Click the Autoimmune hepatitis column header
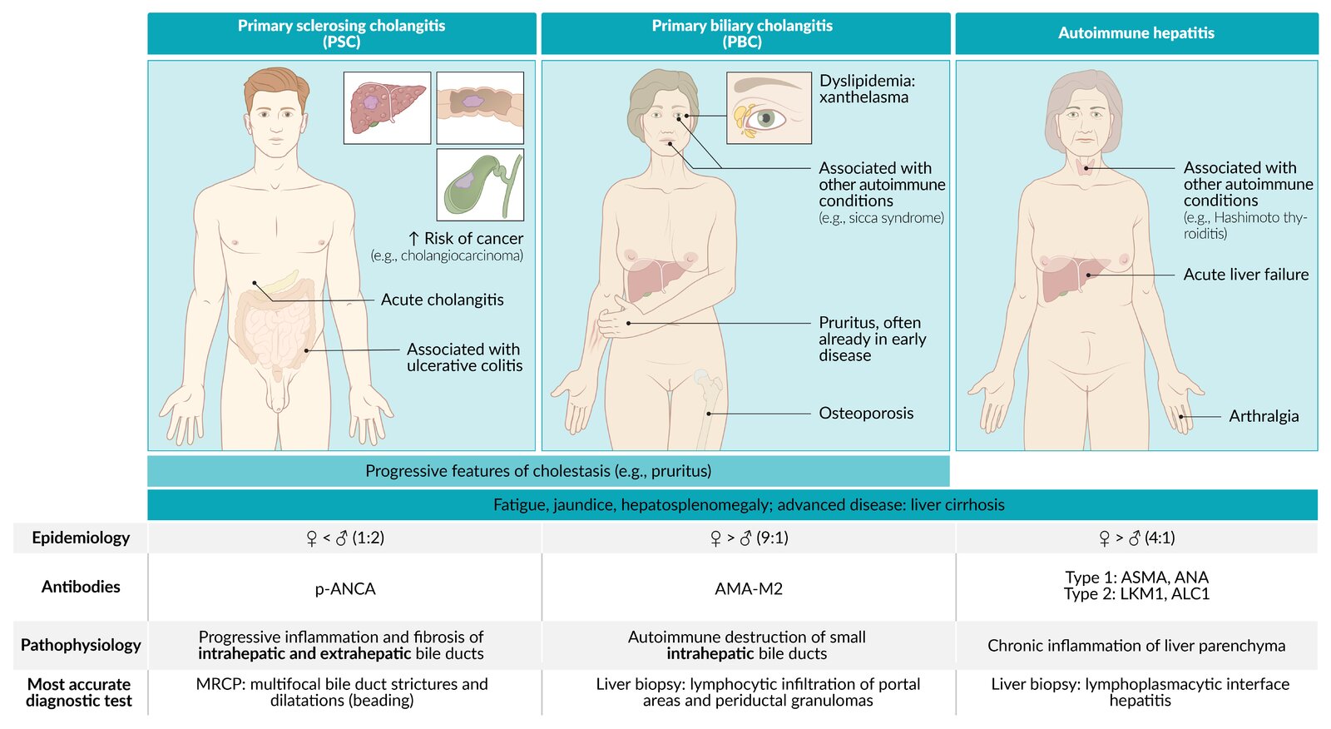pyautogui.click(x=1136, y=33)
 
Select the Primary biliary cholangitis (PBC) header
pyautogui.click(x=742, y=33)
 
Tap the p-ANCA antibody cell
pyautogui.click(x=345, y=589)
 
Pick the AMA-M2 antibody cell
pyautogui.click(x=749, y=589)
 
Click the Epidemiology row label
pyautogui.click(x=81, y=538)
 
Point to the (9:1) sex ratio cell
pyautogui.click(x=749, y=538)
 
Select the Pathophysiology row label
pyautogui.click(x=81, y=645)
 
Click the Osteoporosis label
pyautogui.click(x=866, y=414)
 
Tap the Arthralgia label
pyautogui.click(x=1264, y=416)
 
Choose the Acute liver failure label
pyautogui.click(x=1245, y=275)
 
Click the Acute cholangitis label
pyautogui.click(x=442, y=300)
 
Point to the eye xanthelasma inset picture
pyautogui.click(x=769, y=107)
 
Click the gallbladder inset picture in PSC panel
pyautogui.click(x=480, y=185)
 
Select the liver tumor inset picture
pyautogui.click(x=387, y=107)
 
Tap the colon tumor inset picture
pyautogui.click(x=480, y=107)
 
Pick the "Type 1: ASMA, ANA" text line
pyautogui.click(x=1136, y=578)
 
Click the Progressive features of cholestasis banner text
pyautogui.click(x=538, y=471)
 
